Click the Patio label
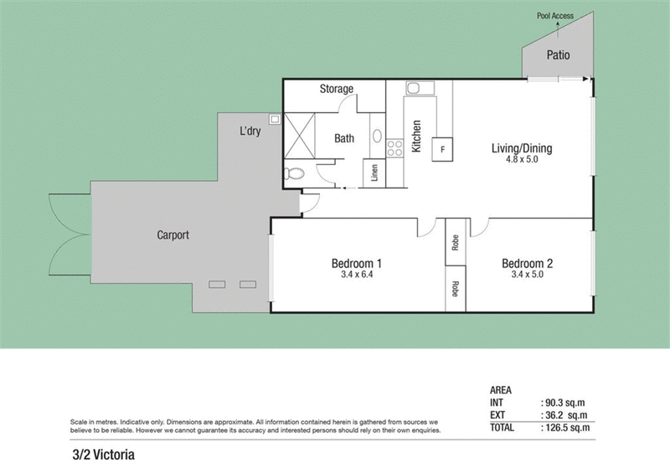click(x=559, y=56)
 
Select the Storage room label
click(x=337, y=89)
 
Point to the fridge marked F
click(x=441, y=150)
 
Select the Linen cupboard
click(x=373, y=173)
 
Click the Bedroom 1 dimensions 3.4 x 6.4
click(x=357, y=273)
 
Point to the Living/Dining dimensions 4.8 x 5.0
click(x=521, y=159)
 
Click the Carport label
click(x=173, y=235)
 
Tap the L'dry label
click(x=250, y=131)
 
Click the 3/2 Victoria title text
click(x=103, y=456)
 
